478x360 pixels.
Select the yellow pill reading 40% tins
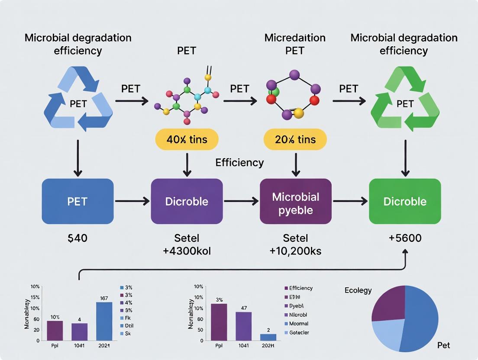(x=187, y=139)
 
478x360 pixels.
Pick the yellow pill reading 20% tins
(x=296, y=139)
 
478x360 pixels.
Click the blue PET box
(x=78, y=201)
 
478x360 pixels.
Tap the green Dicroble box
(x=405, y=201)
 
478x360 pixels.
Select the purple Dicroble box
(x=187, y=201)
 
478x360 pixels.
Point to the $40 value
(x=78, y=238)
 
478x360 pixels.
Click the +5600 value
(x=405, y=238)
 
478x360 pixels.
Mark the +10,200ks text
(x=296, y=251)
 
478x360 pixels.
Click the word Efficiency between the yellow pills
(x=239, y=163)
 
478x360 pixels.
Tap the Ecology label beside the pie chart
(x=358, y=290)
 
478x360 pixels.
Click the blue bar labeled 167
(x=104, y=321)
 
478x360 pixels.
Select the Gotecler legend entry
(x=299, y=333)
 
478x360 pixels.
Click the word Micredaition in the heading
(x=295, y=38)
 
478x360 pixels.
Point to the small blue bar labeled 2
(x=268, y=337)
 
